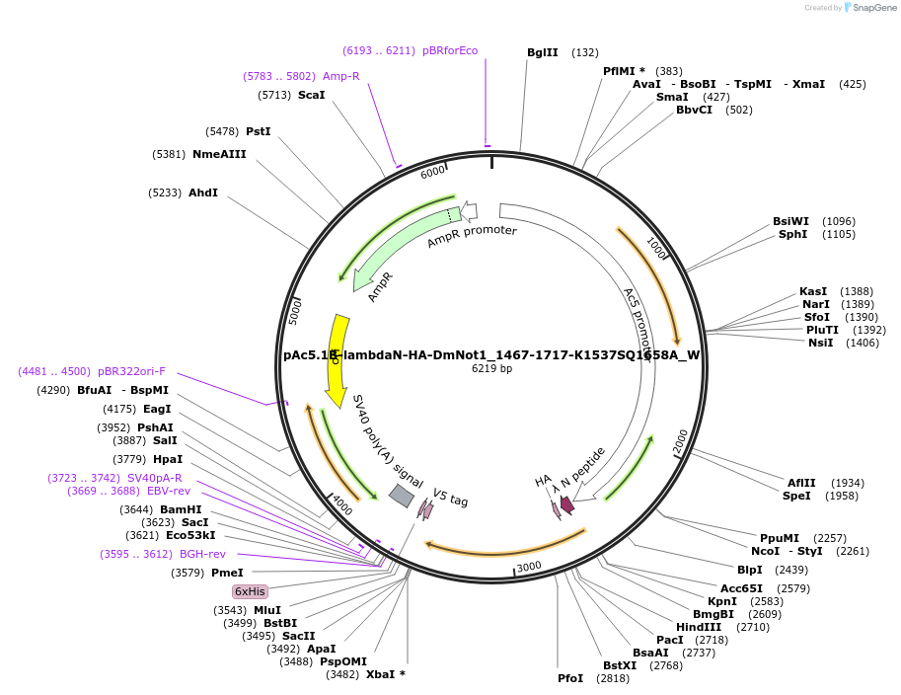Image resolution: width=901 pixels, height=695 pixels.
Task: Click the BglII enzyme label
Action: [x=542, y=52]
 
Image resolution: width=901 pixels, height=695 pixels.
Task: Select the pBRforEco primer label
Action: [x=450, y=50]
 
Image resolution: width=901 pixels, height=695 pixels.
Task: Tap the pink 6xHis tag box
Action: [x=250, y=591]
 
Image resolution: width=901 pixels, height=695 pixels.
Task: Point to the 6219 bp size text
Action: [x=491, y=369]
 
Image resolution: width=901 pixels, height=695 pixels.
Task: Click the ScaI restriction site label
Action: [x=311, y=95]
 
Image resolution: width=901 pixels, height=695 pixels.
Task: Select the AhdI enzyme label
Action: [x=203, y=193]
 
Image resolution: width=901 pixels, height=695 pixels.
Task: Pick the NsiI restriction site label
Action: [x=820, y=343]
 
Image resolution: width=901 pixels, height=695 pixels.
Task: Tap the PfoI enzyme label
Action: [x=570, y=678]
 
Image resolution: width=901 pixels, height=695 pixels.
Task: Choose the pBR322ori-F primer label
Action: [x=132, y=371]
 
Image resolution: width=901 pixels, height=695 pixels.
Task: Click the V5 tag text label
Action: [x=450, y=499]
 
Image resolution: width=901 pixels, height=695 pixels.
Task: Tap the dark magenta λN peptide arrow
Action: [x=566, y=504]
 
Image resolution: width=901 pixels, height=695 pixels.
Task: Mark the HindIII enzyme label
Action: [x=699, y=627]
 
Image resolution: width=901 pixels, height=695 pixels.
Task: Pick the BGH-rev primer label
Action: [x=202, y=554]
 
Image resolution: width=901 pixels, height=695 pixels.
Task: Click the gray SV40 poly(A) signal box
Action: [x=402, y=496]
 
